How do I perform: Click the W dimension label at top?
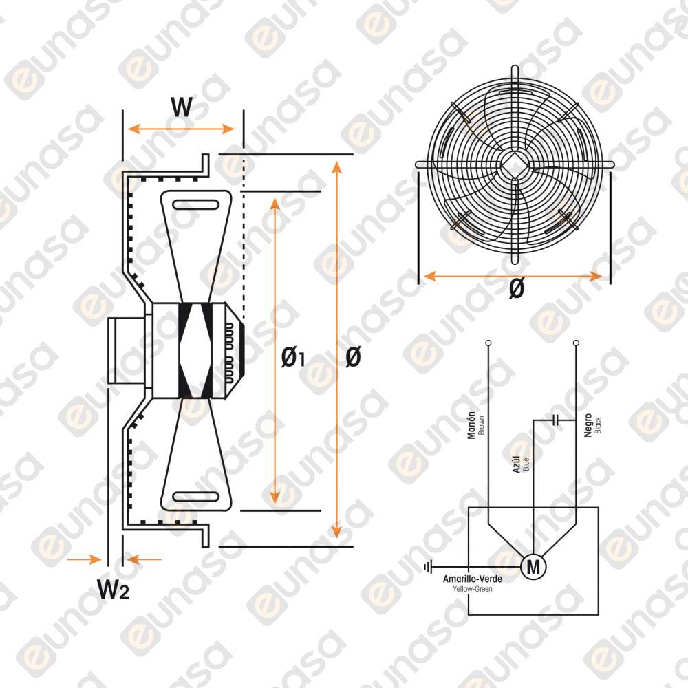[x=182, y=106]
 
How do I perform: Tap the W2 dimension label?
[x=113, y=589]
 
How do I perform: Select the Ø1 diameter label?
[x=292, y=356]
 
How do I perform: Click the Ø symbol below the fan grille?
[x=517, y=288]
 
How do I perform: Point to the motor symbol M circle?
[x=533, y=567]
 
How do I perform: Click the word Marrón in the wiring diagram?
[x=471, y=424]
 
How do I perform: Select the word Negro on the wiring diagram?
[x=588, y=425]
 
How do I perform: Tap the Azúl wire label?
[x=517, y=464]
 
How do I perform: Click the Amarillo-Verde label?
[x=472, y=579]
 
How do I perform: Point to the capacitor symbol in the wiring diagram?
[x=555, y=420]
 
